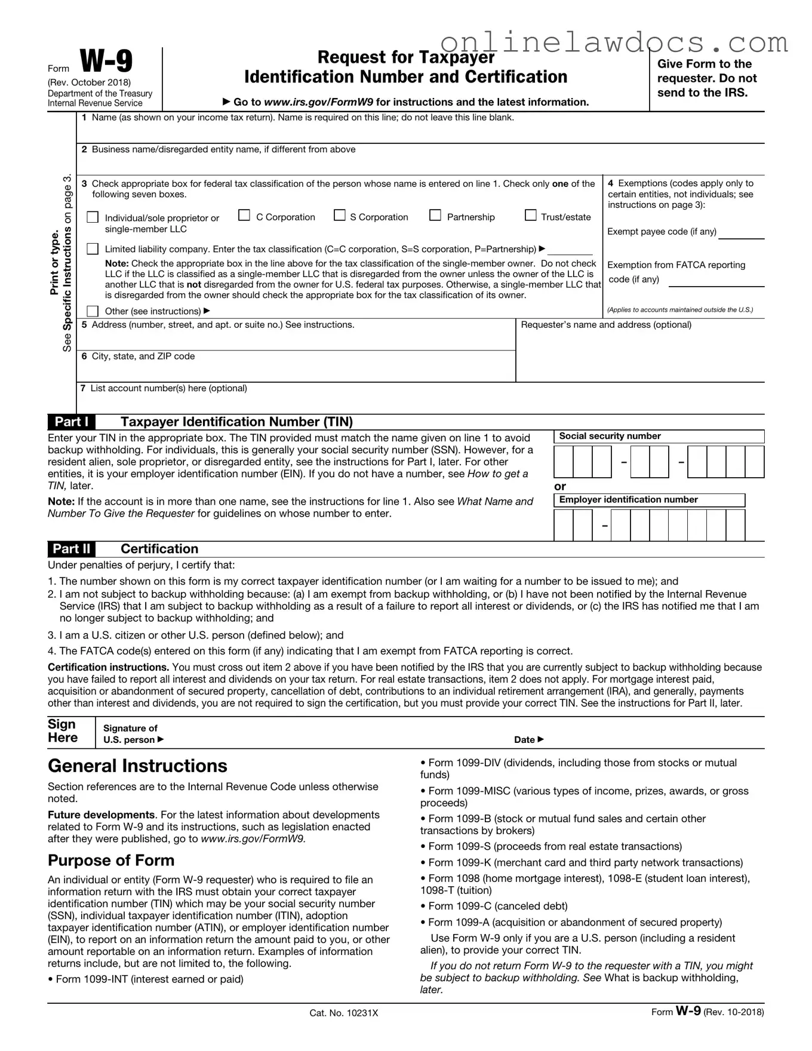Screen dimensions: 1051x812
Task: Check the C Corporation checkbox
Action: (x=244, y=216)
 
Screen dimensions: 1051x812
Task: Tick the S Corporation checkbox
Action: (x=340, y=215)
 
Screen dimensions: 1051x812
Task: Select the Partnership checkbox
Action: (x=435, y=215)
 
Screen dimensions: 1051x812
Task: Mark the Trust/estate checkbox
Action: (x=531, y=215)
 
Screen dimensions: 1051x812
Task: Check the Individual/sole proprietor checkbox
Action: (x=93, y=217)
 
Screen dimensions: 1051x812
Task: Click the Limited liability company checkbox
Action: (x=93, y=248)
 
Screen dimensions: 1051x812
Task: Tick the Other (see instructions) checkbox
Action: (x=93, y=311)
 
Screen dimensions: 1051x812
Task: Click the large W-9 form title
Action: (x=106, y=62)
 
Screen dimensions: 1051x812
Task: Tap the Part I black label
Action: (x=72, y=422)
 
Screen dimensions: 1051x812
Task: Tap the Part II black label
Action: (x=72, y=549)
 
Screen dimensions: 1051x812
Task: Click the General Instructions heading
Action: (x=137, y=766)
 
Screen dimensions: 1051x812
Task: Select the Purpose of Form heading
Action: (x=111, y=861)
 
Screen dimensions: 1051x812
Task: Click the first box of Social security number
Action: (x=564, y=462)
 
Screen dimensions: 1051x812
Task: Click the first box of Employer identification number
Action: (x=564, y=525)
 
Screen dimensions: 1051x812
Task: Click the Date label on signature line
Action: (x=528, y=740)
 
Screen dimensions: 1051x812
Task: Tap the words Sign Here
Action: (x=63, y=731)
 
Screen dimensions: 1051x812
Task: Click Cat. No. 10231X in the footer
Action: (x=344, y=1013)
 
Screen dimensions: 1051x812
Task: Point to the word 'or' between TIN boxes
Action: (x=560, y=487)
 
